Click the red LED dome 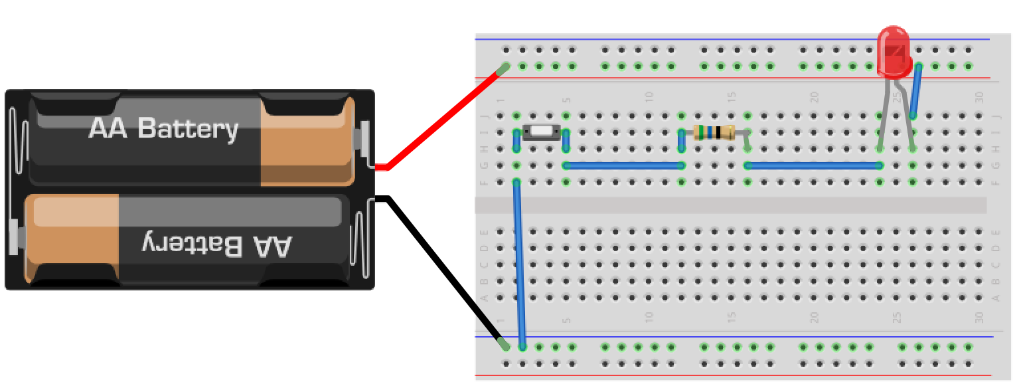tap(893, 50)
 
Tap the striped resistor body tap(714, 132)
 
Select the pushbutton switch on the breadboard tap(542, 132)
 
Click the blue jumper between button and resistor tap(623, 165)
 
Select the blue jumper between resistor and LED tap(813, 165)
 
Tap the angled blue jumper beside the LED tap(915, 91)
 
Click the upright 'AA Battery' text tap(163, 128)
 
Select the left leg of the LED tap(884, 116)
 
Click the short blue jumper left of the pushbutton tap(517, 140)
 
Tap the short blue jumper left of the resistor tap(681, 140)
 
